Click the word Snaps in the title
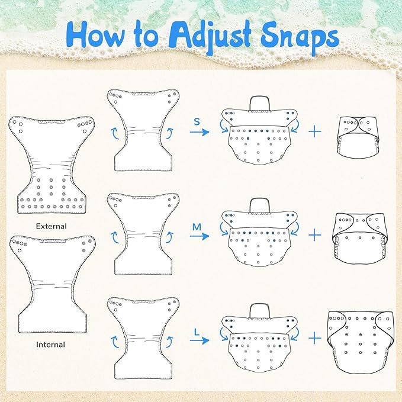click(x=300, y=38)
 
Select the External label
click(x=52, y=226)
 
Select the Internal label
click(x=50, y=345)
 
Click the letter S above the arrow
click(x=197, y=121)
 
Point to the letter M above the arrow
click(x=197, y=227)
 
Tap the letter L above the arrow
click(x=197, y=333)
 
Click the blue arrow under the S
click(x=200, y=132)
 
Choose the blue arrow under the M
click(x=200, y=236)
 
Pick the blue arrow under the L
click(x=200, y=340)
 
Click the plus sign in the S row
click(x=315, y=131)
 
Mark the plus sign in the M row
click(x=315, y=235)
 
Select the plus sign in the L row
click(x=315, y=339)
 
